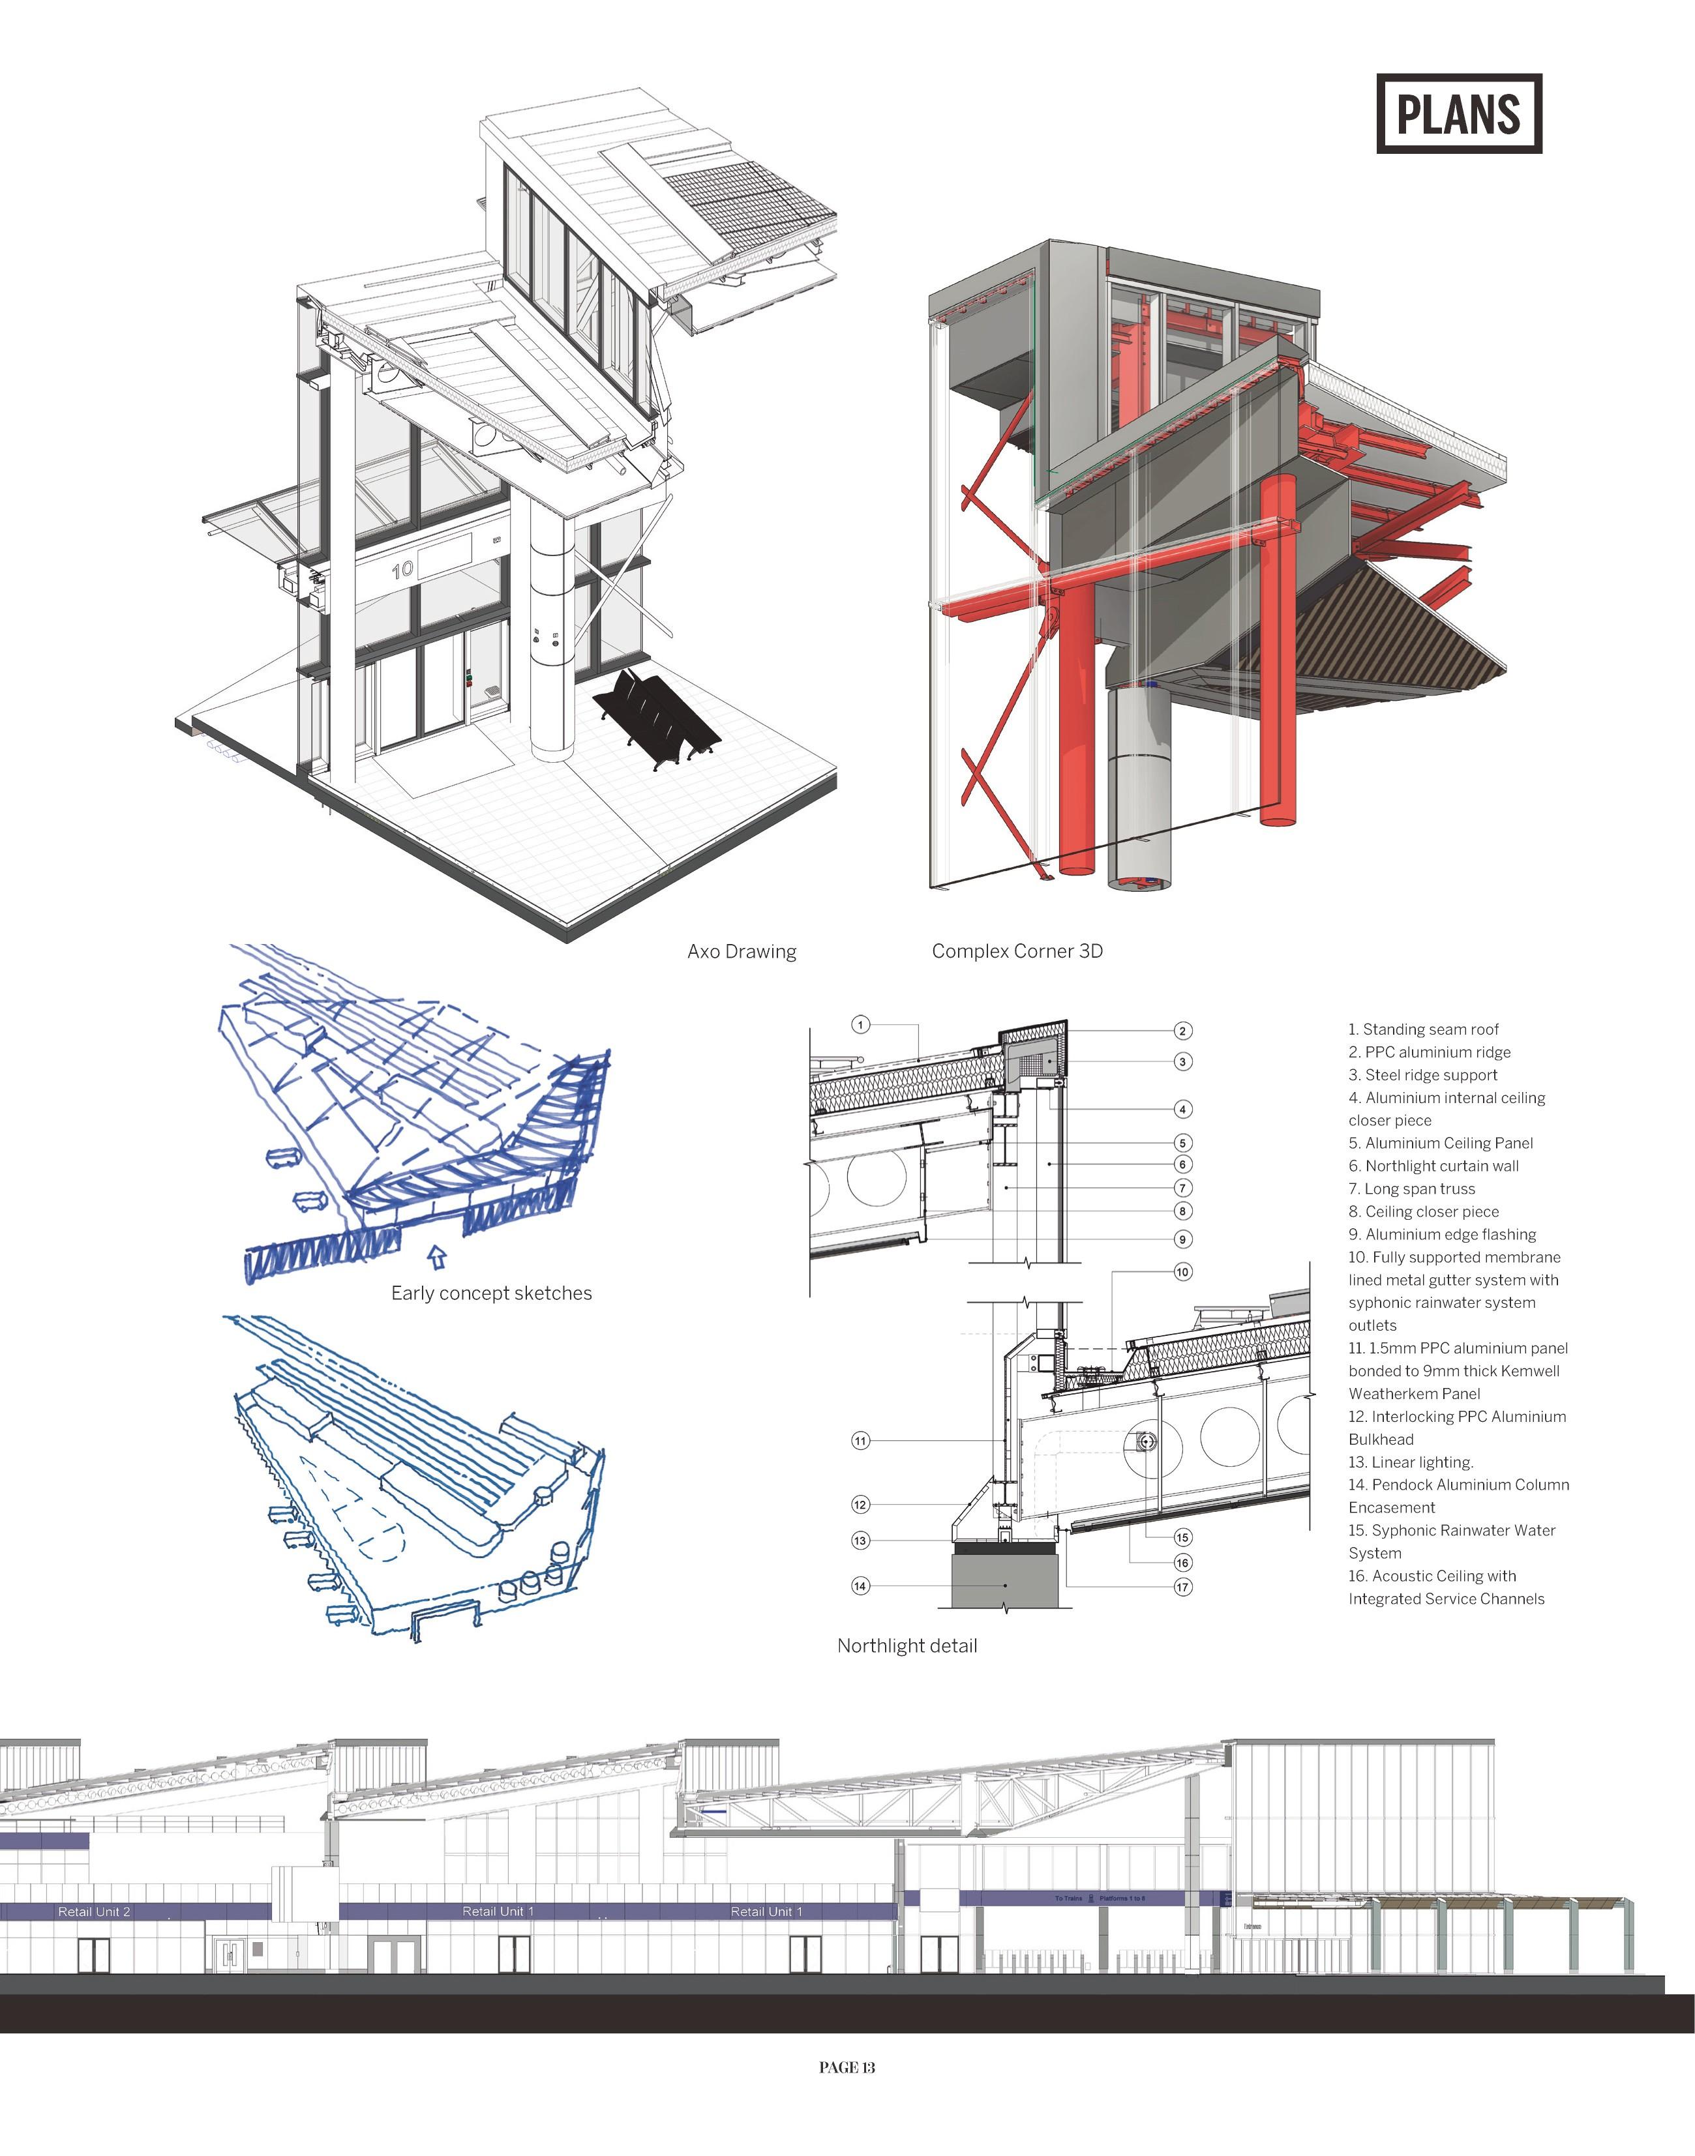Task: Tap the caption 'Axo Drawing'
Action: [742, 951]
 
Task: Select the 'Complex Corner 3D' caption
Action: [1016, 951]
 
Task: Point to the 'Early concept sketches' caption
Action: [491, 1293]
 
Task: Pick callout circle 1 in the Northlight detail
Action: [860, 1025]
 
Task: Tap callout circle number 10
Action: [1182, 1272]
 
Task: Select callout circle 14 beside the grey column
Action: [860, 1586]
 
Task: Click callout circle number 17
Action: [1182, 1586]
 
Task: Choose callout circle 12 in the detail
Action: [860, 1504]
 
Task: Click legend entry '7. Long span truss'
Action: [1411, 1189]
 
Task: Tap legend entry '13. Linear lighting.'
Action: [1410, 1462]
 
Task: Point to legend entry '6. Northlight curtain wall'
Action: [1433, 1166]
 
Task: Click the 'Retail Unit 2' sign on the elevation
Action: [95, 1912]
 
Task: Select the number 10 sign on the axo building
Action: [402, 570]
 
